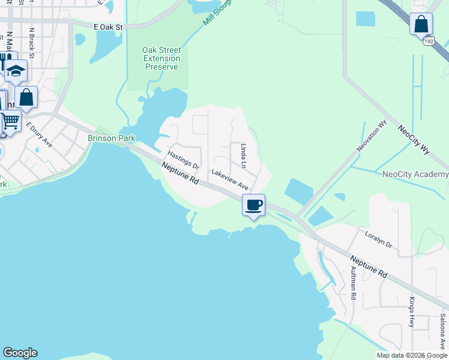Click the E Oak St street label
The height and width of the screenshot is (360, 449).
pyautogui.click(x=108, y=27)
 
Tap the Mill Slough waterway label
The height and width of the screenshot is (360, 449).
pyautogui.click(x=217, y=13)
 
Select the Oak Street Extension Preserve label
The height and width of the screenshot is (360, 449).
pyautogui.click(x=161, y=59)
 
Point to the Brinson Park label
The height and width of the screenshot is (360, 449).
pyautogui.click(x=112, y=138)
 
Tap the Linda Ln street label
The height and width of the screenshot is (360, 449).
pyautogui.click(x=244, y=155)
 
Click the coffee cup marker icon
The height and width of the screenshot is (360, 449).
pyautogui.click(x=253, y=205)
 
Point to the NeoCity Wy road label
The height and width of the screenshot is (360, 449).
pyautogui.click(x=414, y=140)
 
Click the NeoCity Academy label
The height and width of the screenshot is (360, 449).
pyautogui.click(x=415, y=175)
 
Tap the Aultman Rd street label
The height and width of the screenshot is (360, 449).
pyautogui.click(x=353, y=284)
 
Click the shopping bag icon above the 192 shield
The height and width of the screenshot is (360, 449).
pyautogui.click(x=421, y=24)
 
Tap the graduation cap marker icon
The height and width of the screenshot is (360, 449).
pyautogui.click(x=16, y=71)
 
